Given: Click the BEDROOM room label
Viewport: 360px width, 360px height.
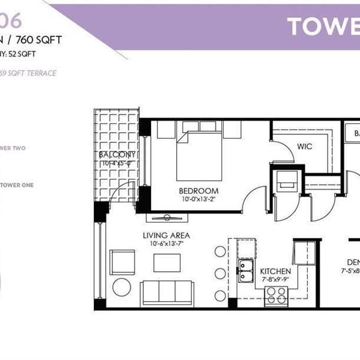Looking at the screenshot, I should tap(199, 191).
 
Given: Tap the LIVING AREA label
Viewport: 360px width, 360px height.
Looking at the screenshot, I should tap(166, 235).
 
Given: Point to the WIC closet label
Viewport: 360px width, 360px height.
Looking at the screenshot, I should tap(304, 144).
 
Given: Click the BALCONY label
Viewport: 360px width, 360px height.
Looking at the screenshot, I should tap(117, 155).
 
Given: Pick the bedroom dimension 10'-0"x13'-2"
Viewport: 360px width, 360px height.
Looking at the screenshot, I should tap(199, 199).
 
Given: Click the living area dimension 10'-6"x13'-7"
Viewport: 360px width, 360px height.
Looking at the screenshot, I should tap(166, 243).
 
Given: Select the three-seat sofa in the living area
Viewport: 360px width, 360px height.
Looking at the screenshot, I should tap(167, 293).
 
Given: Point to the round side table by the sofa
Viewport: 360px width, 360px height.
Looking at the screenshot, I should tap(122, 287).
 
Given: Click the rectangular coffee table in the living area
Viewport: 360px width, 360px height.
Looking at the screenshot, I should tap(167, 263).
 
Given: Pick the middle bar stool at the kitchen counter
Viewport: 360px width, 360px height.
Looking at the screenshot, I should tap(220, 274).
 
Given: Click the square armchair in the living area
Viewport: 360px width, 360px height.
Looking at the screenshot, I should tap(122, 262).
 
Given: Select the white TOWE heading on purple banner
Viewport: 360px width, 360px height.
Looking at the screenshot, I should tap(323, 26).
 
